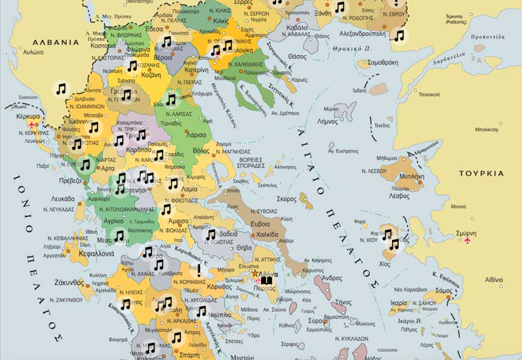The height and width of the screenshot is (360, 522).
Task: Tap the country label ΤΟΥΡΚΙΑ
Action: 481,173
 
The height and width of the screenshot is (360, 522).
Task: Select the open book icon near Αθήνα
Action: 266,280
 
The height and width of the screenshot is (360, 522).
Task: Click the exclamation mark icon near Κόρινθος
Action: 199,270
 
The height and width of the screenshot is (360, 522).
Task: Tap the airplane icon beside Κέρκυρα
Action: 32,124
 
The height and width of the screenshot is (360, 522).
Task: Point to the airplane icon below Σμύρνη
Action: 468,240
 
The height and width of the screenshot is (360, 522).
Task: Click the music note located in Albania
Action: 61,89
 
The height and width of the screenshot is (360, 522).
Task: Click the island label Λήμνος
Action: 328,121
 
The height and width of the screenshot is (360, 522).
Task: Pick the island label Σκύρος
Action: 286,198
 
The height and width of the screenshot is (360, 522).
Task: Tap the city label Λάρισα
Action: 196,135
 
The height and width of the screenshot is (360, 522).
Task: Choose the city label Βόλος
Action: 201,151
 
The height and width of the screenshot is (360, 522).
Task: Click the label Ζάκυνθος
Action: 68,282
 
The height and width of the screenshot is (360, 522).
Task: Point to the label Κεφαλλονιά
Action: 96,254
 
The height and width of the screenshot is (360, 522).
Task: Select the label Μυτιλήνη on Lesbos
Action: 411,177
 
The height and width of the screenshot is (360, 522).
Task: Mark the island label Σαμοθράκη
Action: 382,63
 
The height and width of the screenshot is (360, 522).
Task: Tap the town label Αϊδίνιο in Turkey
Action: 493,279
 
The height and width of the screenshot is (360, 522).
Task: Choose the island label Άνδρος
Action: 332,278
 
